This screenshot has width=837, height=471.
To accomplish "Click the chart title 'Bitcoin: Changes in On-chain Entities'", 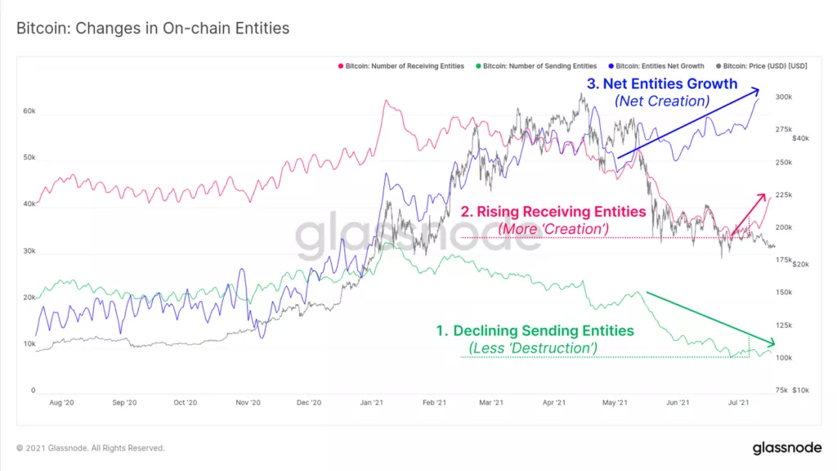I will [153, 29].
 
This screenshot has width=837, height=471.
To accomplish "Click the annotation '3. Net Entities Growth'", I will [662, 83].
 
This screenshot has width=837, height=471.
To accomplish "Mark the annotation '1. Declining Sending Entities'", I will [535, 330].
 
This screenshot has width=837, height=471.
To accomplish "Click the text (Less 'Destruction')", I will [532, 348].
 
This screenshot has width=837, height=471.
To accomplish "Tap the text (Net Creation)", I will [661, 101].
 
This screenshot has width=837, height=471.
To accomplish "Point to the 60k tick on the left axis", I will [29, 110].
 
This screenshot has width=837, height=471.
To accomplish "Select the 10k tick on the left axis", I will [29, 344].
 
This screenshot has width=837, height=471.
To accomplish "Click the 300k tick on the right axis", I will [784, 96].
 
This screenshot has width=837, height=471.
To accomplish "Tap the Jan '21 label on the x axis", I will [372, 402].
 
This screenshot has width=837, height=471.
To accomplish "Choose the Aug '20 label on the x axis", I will [62, 402].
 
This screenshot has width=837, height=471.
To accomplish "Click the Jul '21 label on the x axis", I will [740, 402].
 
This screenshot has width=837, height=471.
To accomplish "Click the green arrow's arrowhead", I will [768, 342].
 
